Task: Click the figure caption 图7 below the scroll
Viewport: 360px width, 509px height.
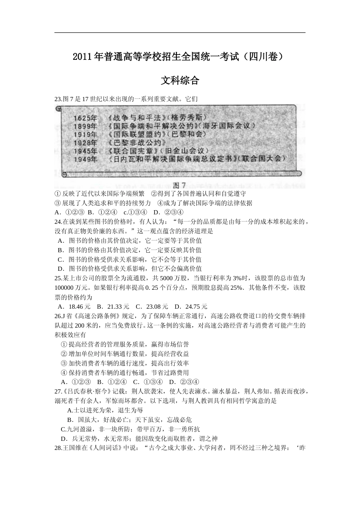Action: [179, 185]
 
